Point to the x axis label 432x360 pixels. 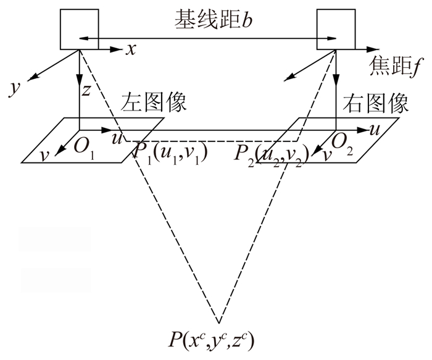pos(130,50)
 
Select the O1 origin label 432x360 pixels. pos(85,146)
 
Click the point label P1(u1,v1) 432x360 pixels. pos(168,153)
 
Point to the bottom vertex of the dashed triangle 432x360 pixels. pos(218,322)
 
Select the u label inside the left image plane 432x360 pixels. pos(115,138)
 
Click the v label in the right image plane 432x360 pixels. pos(325,155)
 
